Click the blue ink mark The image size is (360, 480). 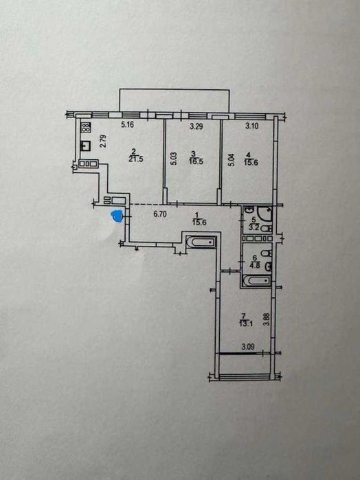[117, 216]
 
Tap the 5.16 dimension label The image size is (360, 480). [128, 125]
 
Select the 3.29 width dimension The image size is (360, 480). [196, 126]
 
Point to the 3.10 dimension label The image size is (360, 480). [252, 126]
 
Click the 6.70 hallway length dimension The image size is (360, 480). [160, 214]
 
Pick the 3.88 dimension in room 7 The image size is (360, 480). [267, 320]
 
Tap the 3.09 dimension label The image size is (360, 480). [248, 347]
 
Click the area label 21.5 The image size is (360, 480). [137, 159]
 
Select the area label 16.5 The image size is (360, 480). [196, 161]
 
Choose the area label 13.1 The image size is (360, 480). [246, 323]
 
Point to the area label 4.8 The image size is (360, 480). [255, 266]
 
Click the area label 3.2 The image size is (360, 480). [254, 228]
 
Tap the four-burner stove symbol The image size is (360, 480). [86, 127]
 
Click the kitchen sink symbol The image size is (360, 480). [85, 146]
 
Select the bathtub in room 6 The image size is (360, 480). [256, 281]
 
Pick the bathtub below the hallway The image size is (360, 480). [201, 242]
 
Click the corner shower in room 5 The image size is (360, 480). [265, 214]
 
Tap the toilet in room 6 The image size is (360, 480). [267, 253]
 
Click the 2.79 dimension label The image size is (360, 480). [103, 141]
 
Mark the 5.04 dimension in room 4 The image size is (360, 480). [232, 160]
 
